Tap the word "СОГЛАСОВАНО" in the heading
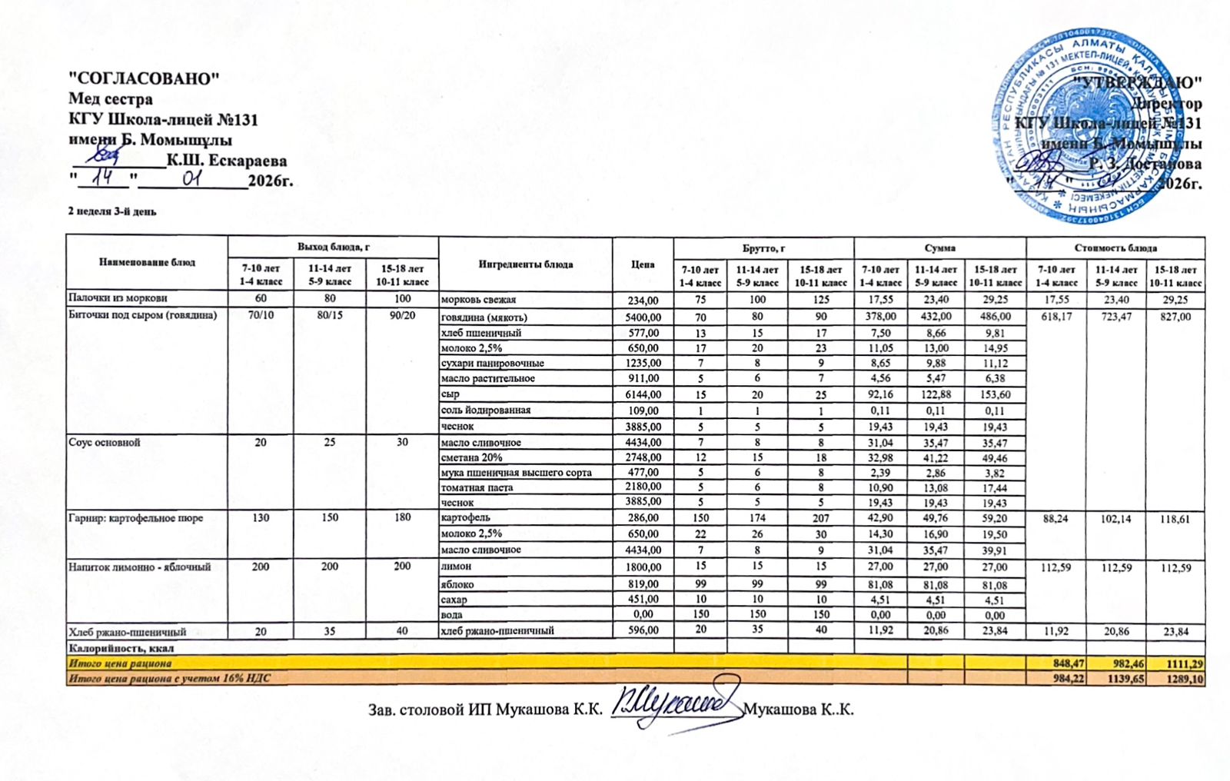pyautogui.click(x=145, y=78)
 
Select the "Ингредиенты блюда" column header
pyautogui.click(x=525, y=264)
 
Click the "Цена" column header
pyautogui.click(x=643, y=264)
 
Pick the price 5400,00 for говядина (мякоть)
pyautogui.click(x=643, y=317)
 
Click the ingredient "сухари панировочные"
pyautogui.click(x=492, y=363)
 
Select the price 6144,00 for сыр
pyautogui.click(x=643, y=394)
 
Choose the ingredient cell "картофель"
pyautogui.click(x=465, y=517)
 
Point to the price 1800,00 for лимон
pyautogui.click(x=643, y=567)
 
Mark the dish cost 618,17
pyautogui.click(x=1056, y=317)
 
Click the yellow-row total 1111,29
pyautogui.click(x=1176, y=663)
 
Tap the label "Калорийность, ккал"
pyautogui.click(x=122, y=648)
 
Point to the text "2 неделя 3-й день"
pyautogui.click(x=112, y=211)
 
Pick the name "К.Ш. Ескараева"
pyautogui.click(x=227, y=161)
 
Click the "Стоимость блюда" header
pyautogui.click(x=1115, y=248)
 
